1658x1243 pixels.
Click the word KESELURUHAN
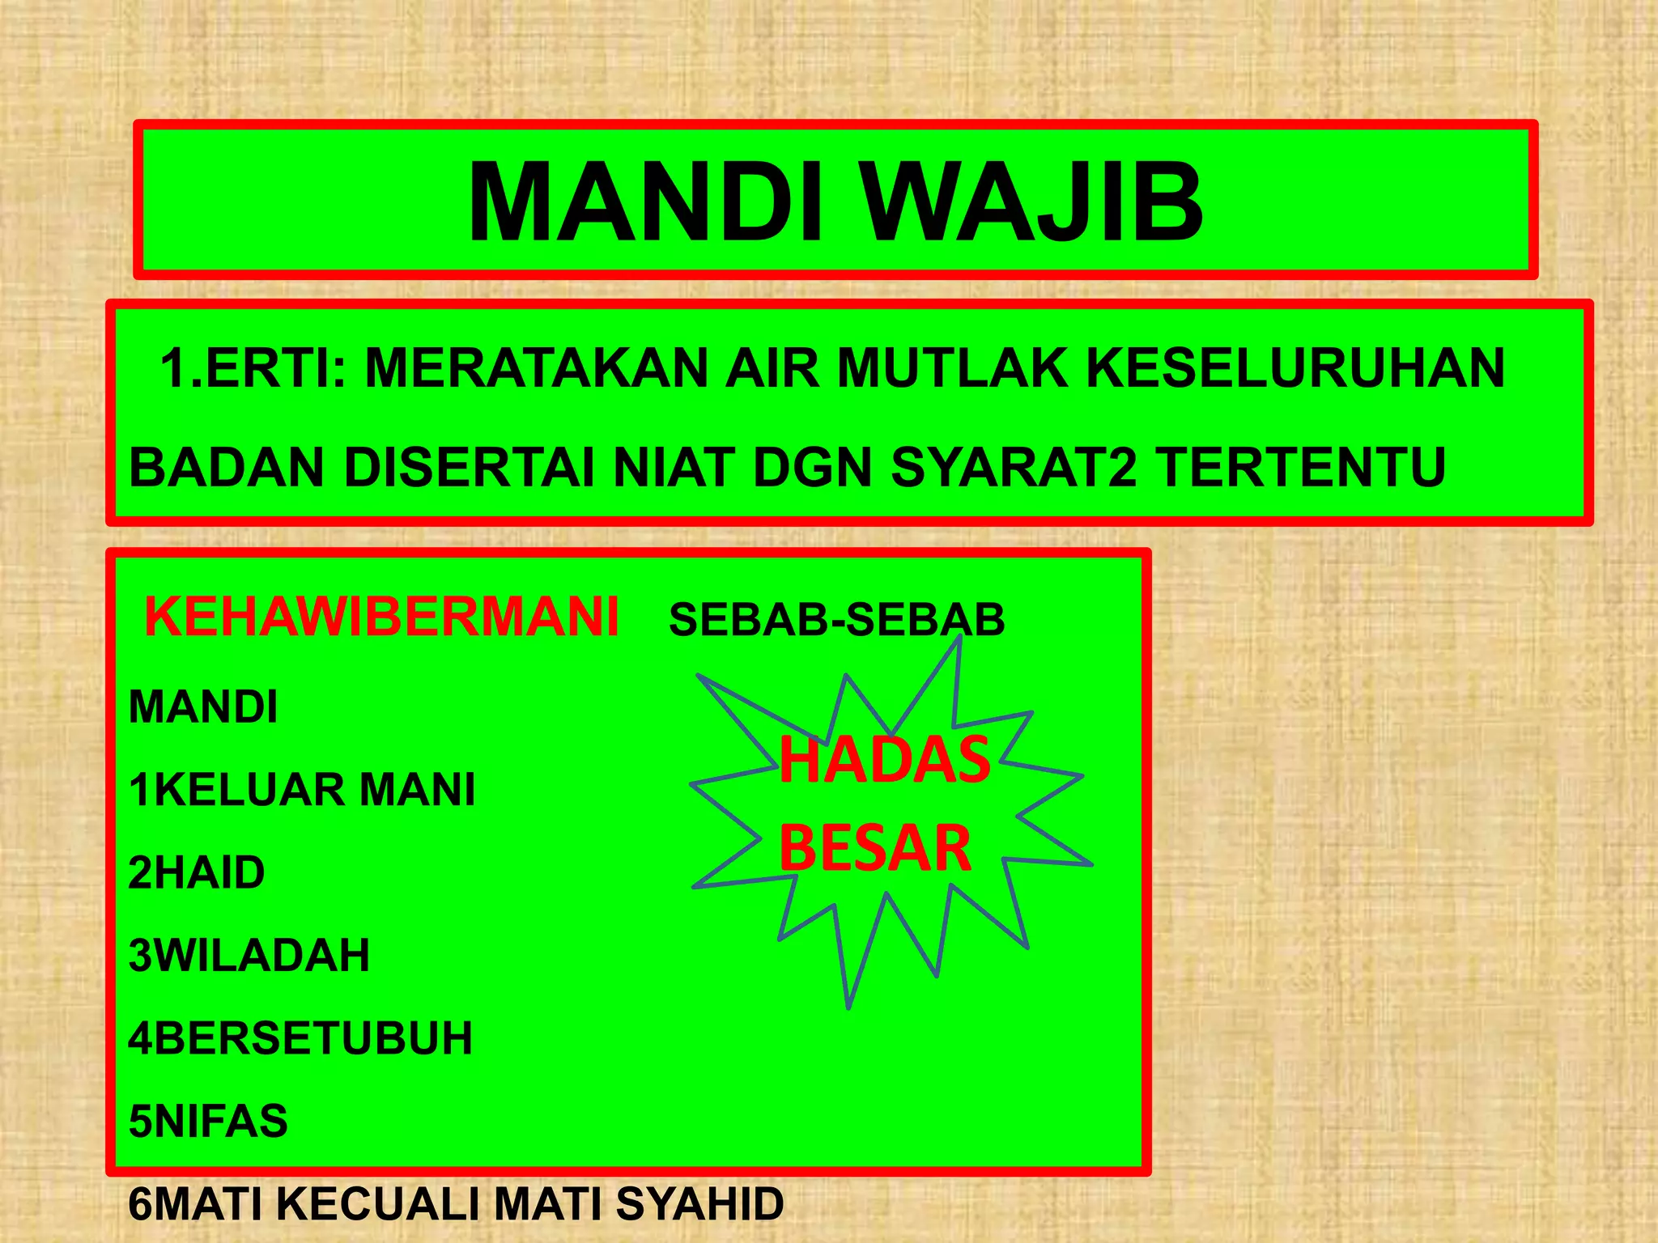[x=1295, y=368]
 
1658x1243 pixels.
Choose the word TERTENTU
[x=1299, y=468]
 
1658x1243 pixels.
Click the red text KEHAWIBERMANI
[x=381, y=617]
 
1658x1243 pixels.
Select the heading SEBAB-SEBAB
[x=836, y=621]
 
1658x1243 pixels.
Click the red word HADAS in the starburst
[x=884, y=760]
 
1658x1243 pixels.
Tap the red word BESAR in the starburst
[x=874, y=847]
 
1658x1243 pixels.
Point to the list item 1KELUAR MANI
[x=302, y=790]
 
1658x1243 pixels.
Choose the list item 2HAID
[x=197, y=873]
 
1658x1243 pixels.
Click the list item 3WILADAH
[x=249, y=956]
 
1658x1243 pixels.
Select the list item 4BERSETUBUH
[x=300, y=1038]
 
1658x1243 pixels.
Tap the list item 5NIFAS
[x=208, y=1122]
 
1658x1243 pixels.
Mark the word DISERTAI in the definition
[x=470, y=468]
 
